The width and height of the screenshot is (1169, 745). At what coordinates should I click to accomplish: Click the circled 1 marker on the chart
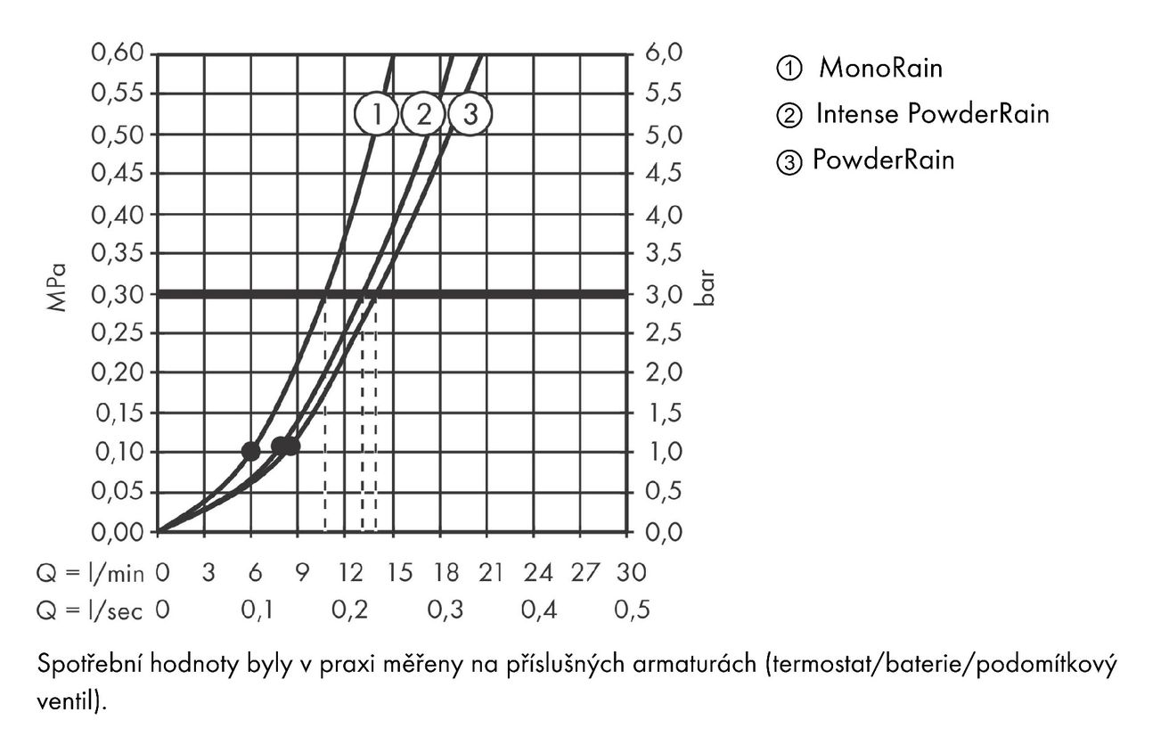pos(376,114)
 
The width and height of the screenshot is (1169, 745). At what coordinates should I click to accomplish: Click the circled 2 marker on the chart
pos(423,114)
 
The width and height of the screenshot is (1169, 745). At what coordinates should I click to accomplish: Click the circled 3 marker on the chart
pos(470,114)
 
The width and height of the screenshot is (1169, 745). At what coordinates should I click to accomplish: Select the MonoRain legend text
pos(880,68)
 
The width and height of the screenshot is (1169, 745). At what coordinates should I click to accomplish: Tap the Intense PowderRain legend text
pos(933,114)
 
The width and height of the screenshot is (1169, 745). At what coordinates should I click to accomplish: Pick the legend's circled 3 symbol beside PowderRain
pos(789,162)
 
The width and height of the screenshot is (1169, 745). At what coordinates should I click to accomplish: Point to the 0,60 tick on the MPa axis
pos(118,53)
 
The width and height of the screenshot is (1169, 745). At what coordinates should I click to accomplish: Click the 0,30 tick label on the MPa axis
pos(118,295)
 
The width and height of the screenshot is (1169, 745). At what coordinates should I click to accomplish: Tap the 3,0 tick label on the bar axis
pos(664,295)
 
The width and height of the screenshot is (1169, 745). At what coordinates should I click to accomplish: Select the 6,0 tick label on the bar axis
pos(664,53)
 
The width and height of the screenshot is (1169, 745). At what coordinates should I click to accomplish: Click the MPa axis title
pos(57,288)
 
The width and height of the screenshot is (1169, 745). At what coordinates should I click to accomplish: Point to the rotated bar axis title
pos(705,288)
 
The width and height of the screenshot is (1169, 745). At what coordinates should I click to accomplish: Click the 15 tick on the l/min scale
pos(400,573)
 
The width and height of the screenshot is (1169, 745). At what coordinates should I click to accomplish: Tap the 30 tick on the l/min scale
pos(632,573)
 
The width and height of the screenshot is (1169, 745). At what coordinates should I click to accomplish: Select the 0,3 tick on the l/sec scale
pos(446,610)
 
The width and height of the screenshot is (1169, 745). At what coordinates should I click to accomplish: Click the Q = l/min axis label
pos(90,573)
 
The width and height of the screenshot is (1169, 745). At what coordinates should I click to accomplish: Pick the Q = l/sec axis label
pos(89,610)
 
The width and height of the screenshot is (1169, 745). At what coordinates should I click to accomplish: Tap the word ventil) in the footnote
pos(71,700)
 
